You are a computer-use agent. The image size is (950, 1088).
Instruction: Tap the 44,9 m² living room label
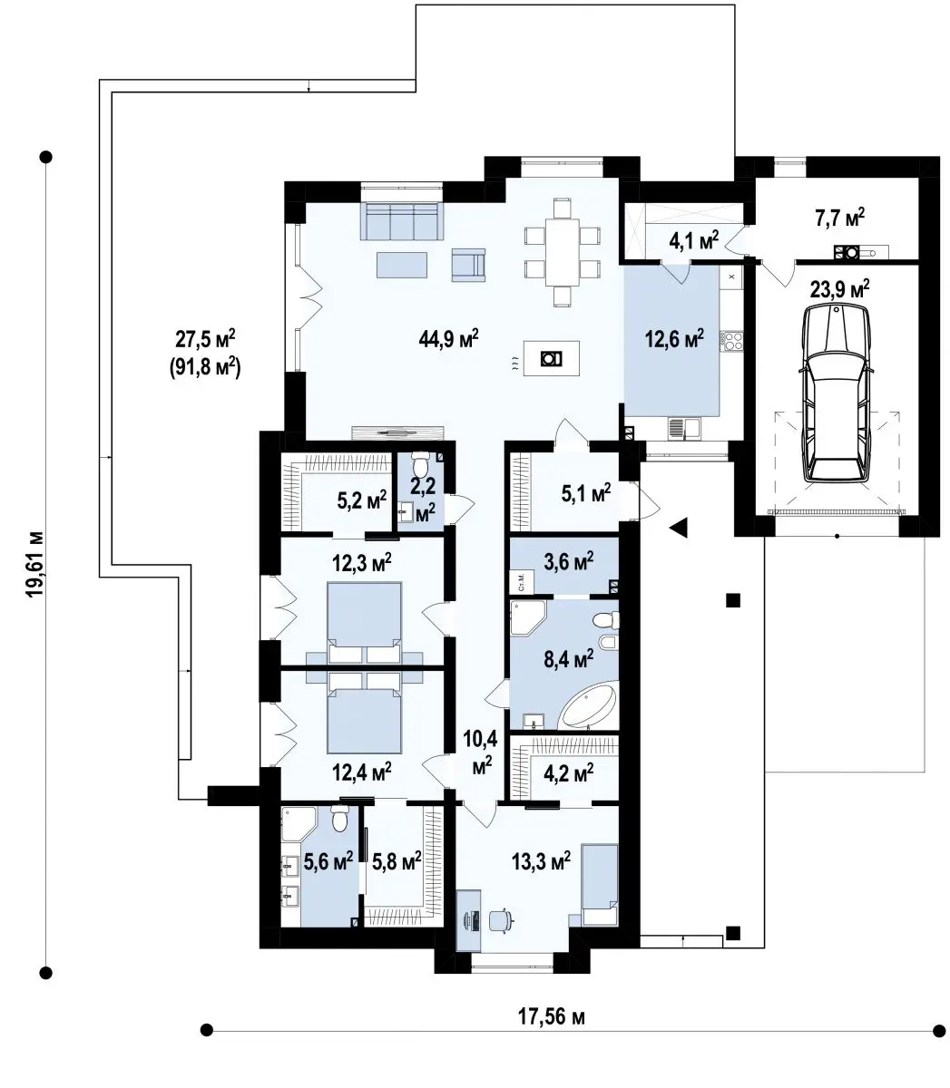(448, 338)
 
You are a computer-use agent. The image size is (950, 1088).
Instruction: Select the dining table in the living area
(562, 252)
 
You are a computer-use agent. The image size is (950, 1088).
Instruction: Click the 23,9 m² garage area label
(839, 290)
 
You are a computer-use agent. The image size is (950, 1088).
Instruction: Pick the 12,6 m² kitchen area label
(674, 338)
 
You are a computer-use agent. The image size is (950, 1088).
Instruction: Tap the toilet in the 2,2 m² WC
(420, 464)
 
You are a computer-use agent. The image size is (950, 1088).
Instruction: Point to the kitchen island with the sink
(551, 358)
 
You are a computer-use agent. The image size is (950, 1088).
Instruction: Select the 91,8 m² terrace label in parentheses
(205, 367)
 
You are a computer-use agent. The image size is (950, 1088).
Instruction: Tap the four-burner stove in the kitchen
(732, 340)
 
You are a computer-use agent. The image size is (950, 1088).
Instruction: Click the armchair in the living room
(468, 263)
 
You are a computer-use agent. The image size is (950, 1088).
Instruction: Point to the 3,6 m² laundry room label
(568, 561)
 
